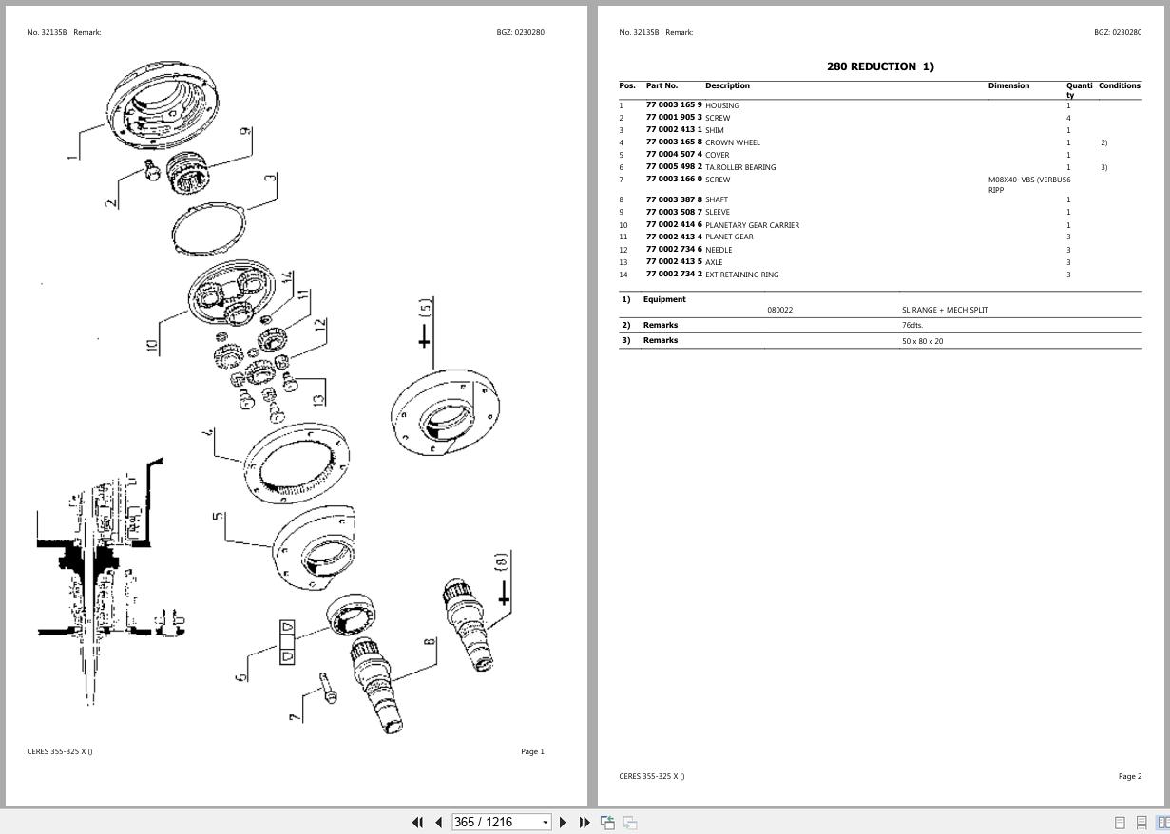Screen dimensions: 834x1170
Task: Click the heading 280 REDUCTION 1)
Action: point(880,66)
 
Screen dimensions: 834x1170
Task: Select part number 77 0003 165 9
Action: point(674,105)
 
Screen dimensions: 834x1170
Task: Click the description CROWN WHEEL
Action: point(732,142)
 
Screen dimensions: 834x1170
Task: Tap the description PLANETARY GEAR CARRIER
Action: point(752,225)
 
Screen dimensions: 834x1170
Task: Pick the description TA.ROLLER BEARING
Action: point(739,167)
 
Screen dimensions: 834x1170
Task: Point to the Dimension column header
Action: point(1008,85)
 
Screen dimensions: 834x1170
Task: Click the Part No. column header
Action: point(662,85)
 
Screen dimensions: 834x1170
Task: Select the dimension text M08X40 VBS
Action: point(1011,180)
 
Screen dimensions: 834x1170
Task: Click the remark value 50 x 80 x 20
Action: point(922,340)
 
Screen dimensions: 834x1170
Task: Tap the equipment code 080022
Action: point(779,310)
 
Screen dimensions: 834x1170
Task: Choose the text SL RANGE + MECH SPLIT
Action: point(945,310)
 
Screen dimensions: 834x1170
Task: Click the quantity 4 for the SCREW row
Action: point(1068,118)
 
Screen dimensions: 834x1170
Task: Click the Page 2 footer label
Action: point(1129,776)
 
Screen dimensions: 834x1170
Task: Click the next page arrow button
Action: point(563,822)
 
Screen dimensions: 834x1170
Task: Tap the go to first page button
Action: point(416,822)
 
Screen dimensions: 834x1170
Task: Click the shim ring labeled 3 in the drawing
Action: point(208,228)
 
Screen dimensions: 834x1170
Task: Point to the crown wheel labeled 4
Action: point(296,464)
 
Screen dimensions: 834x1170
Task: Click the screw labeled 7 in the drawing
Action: point(328,688)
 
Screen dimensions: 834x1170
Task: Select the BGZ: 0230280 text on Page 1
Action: point(520,32)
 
